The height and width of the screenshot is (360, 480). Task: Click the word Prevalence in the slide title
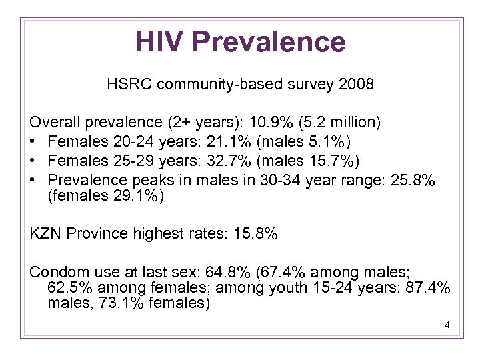point(269,41)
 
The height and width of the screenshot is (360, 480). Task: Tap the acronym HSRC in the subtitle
point(127,85)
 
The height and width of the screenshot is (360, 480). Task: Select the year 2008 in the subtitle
point(356,85)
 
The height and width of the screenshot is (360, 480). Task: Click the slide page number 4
point(447,325)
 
